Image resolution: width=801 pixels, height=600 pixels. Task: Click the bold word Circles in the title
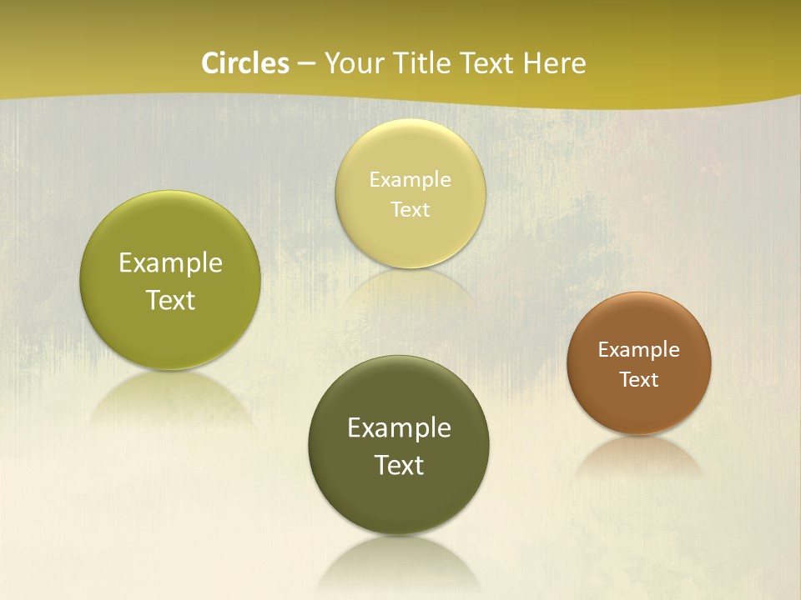tap(244, 63)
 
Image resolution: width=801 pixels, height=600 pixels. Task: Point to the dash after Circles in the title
tap(306, 64)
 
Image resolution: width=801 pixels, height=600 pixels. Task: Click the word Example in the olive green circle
tap(170, 263)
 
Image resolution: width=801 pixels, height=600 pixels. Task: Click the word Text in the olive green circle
tap(170, 300)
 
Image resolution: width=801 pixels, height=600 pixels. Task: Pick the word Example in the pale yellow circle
tap(411, 179)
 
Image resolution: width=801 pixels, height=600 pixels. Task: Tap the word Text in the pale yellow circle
tap(411, 209)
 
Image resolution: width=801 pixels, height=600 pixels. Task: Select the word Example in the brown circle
tap(639, 349)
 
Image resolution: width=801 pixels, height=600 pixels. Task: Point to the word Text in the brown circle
tap(639, 379)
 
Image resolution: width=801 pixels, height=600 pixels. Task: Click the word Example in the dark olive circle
tap(399, 427)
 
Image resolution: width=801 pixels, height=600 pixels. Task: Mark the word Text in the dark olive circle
tap(399, 464)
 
